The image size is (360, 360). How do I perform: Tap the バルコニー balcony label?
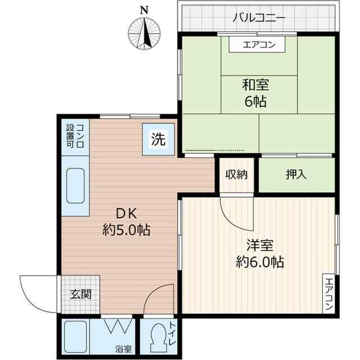[259, 17]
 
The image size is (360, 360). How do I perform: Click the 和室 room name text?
[255, 85]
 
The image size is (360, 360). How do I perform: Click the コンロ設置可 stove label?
[75, 136]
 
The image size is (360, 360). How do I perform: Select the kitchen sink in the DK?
[75, 187]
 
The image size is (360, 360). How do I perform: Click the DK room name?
[126, 214]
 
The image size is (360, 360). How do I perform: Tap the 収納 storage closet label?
[236, 174]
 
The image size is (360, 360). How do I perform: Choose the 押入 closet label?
[296, 174]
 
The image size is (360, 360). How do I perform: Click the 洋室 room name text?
[259, 246]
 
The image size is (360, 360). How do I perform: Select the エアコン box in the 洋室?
[328, 295]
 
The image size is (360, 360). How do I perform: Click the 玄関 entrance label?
[78, 294]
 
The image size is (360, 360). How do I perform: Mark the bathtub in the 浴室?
[75, 337]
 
